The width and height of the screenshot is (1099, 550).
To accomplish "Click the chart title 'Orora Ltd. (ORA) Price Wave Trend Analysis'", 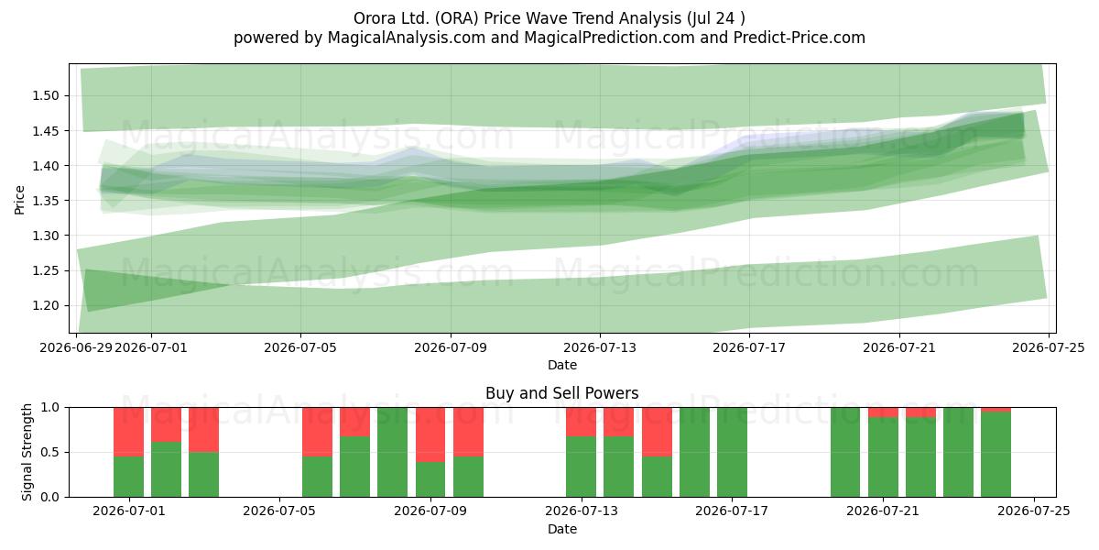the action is click(517, 18).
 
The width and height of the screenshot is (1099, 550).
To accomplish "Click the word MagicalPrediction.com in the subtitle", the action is click(609, 38).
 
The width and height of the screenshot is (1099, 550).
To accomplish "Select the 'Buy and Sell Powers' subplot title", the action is click(561, 393).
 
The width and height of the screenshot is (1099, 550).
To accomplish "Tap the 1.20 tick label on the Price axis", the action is click(46, 305).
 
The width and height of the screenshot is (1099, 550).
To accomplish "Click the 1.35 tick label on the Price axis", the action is click(46, 201).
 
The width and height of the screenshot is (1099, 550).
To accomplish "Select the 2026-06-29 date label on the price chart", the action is click(76, 347).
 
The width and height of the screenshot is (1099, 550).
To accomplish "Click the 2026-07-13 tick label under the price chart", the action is click(600, 347).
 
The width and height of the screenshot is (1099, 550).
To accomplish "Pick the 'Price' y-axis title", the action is click(19, 200).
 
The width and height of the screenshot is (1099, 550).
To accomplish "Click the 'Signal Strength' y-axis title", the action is click(27, 452).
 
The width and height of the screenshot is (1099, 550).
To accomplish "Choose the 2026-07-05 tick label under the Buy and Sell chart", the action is click(279, 511).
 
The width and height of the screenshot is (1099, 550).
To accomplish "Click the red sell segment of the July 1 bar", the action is click(128, 432).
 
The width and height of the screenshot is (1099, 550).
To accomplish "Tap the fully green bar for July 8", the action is click(393, 452).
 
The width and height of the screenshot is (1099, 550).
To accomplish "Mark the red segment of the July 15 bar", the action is click(657, 432).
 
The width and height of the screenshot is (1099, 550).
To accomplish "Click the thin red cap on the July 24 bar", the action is click(996, 410).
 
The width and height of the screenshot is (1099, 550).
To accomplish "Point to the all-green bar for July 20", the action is click(845, 452).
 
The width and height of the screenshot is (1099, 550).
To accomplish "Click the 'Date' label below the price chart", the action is click(562, 365).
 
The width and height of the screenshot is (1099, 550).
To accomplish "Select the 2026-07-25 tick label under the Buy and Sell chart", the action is click(1034, 511).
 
